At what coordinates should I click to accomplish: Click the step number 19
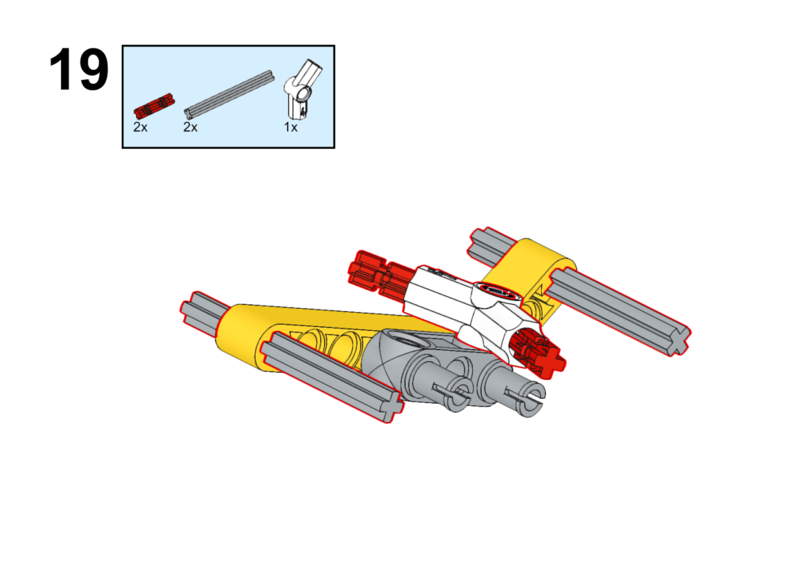(78, 70)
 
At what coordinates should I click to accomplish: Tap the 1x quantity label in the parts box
(290, 127)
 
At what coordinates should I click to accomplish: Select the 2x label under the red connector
(140, 127)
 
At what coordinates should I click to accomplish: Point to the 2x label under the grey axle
(190, 127)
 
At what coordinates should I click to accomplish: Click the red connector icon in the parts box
(153, 105)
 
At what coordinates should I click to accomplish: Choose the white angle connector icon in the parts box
(302, 89)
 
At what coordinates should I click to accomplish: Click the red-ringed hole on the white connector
(498, 291)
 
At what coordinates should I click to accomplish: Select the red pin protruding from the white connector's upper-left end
(380, 274)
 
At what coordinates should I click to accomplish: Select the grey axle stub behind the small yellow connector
(491, 244)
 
